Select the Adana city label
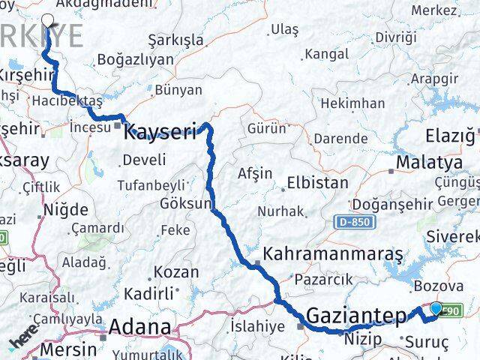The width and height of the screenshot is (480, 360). [x=139, y=327]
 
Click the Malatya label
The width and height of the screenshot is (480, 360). [x=429, y=162]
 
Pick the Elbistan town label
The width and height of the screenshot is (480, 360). [x=316, y=182]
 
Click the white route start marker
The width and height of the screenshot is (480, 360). [x=49, y=21]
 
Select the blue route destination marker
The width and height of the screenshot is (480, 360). [x=436, y=307]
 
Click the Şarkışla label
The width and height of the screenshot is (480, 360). [x=176, y=39]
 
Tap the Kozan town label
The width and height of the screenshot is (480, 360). [x=176, y=272]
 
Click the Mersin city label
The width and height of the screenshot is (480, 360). [x=68, y=349]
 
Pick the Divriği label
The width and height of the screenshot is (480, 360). [x=395, y=37]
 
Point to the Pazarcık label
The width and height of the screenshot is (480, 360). [x=323, y=280]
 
